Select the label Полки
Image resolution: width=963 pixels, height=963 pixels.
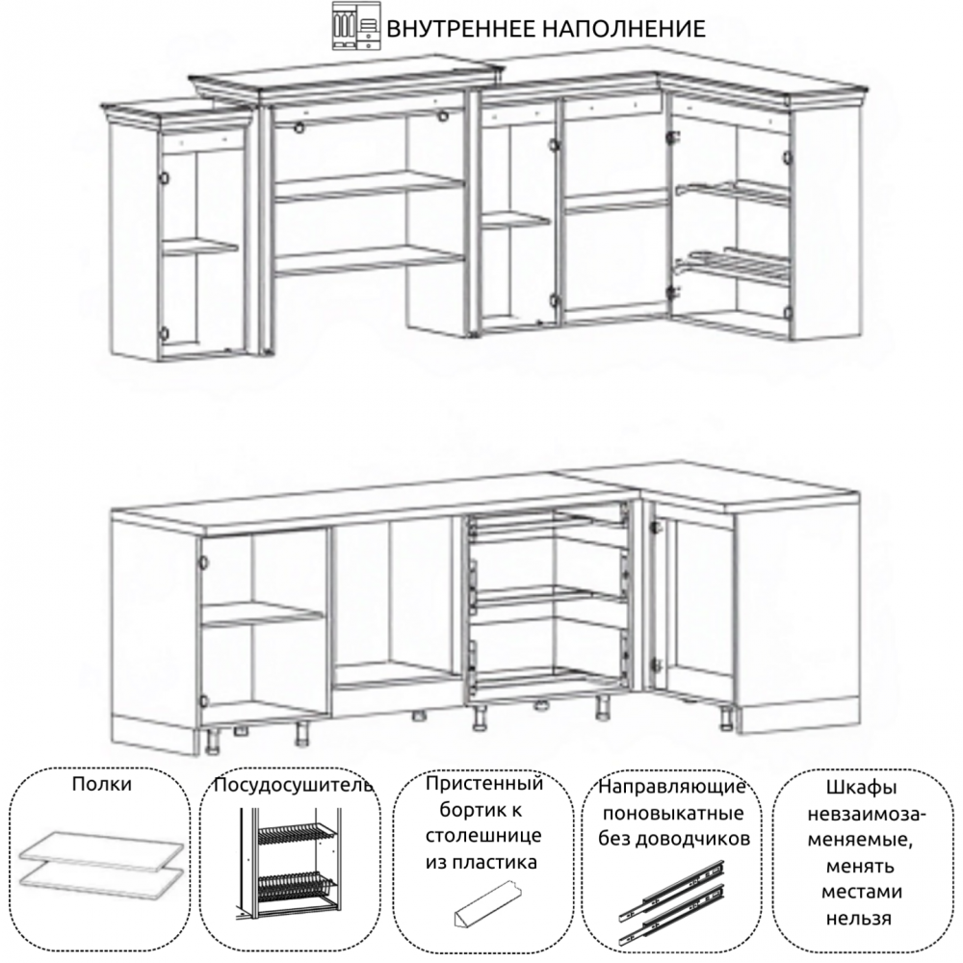(101, 784)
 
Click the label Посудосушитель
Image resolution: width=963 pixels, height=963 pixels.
(293, 786)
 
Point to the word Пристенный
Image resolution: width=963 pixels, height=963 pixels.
(484, 784)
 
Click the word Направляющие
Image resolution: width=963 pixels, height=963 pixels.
(672, 787)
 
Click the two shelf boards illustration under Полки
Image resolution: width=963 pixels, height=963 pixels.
(102, 859)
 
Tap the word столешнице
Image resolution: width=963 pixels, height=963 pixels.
(484, 836)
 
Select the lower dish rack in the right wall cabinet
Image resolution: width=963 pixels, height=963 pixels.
(731, 265)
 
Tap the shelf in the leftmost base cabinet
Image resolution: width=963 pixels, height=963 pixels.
(263, 613)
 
